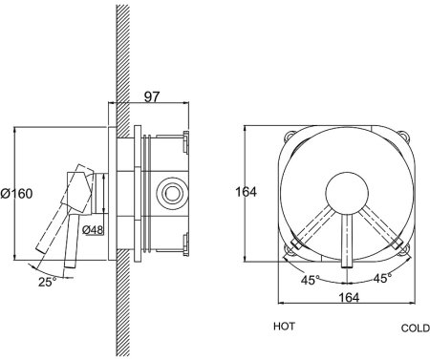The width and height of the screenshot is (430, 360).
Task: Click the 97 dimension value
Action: [x=151, y=96]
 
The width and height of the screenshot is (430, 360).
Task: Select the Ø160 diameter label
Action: [x=16, y=193]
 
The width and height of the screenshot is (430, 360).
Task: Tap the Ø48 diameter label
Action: [x=93, y=229]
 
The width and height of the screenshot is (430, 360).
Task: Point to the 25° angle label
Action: [x=48, y=282]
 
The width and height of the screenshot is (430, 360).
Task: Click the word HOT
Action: [x=284, y=327]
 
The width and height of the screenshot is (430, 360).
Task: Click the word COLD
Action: [x=416, y=328]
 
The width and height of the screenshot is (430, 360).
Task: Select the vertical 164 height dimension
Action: [x=246, y=192]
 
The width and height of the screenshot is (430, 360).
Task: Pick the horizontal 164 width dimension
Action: [x=349, y=297]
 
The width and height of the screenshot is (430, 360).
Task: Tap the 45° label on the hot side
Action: [x=311, y=280]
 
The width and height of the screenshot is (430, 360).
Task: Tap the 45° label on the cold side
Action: [x=382, y=278]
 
